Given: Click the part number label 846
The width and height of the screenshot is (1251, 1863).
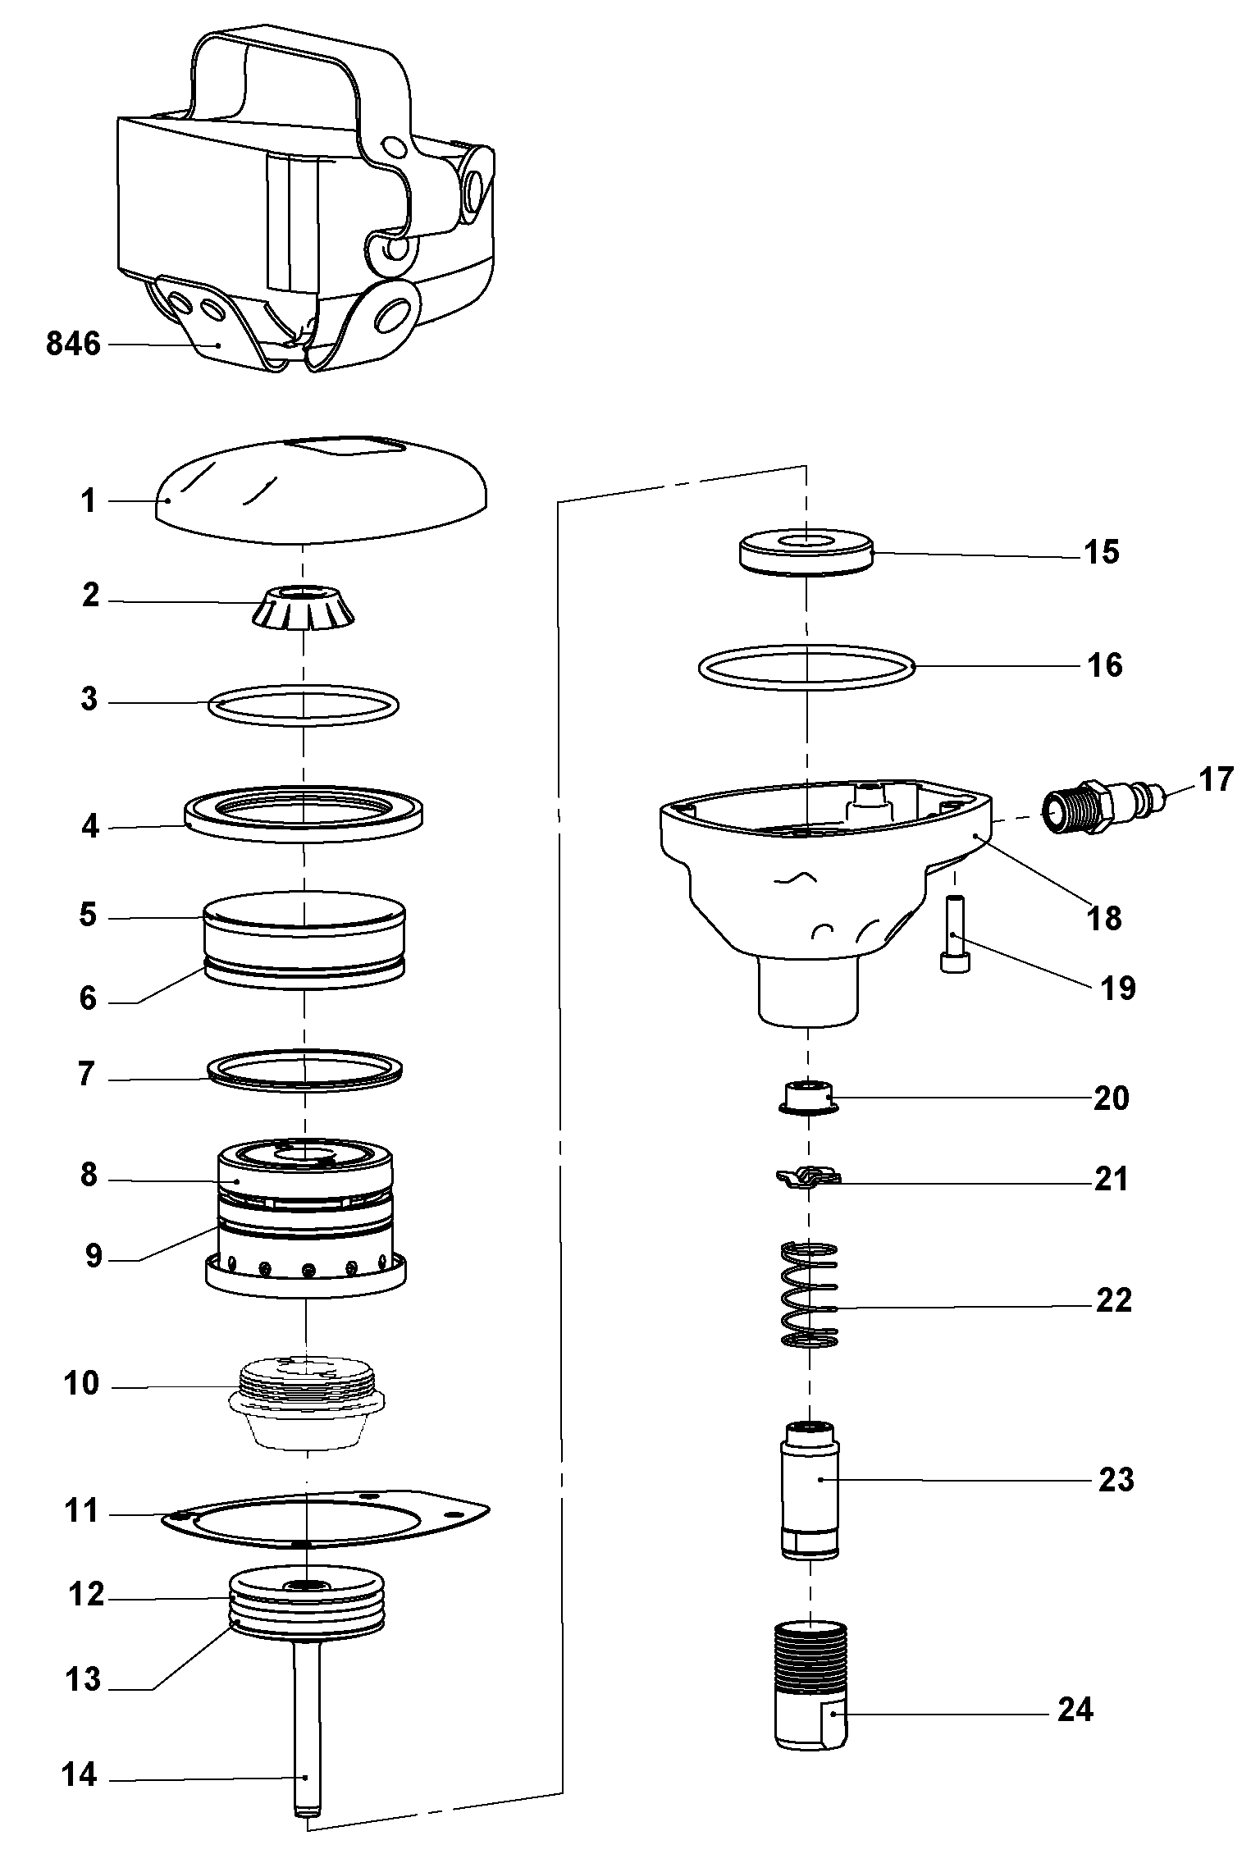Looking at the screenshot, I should coord(72,345).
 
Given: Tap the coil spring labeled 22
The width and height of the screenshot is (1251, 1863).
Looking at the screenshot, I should coord(808,1296).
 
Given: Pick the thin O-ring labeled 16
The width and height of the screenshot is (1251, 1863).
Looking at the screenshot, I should coord(807,665).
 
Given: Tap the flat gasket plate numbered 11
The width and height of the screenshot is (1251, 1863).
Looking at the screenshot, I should coord(324,1518).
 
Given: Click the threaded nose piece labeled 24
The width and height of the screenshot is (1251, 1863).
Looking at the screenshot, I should coord(810,1683).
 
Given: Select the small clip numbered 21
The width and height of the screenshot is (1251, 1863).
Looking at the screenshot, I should coord(808,1178).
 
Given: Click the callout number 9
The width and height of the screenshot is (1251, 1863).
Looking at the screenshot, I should coord(94,1254).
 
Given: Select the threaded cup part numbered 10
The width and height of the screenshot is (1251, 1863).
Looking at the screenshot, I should coord(305,1402).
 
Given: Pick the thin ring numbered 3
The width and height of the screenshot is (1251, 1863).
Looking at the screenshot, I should coord(304,705).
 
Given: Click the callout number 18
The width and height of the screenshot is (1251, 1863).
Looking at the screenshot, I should coord(1105,918).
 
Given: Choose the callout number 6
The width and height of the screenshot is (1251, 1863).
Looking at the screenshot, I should coord(88,998).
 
